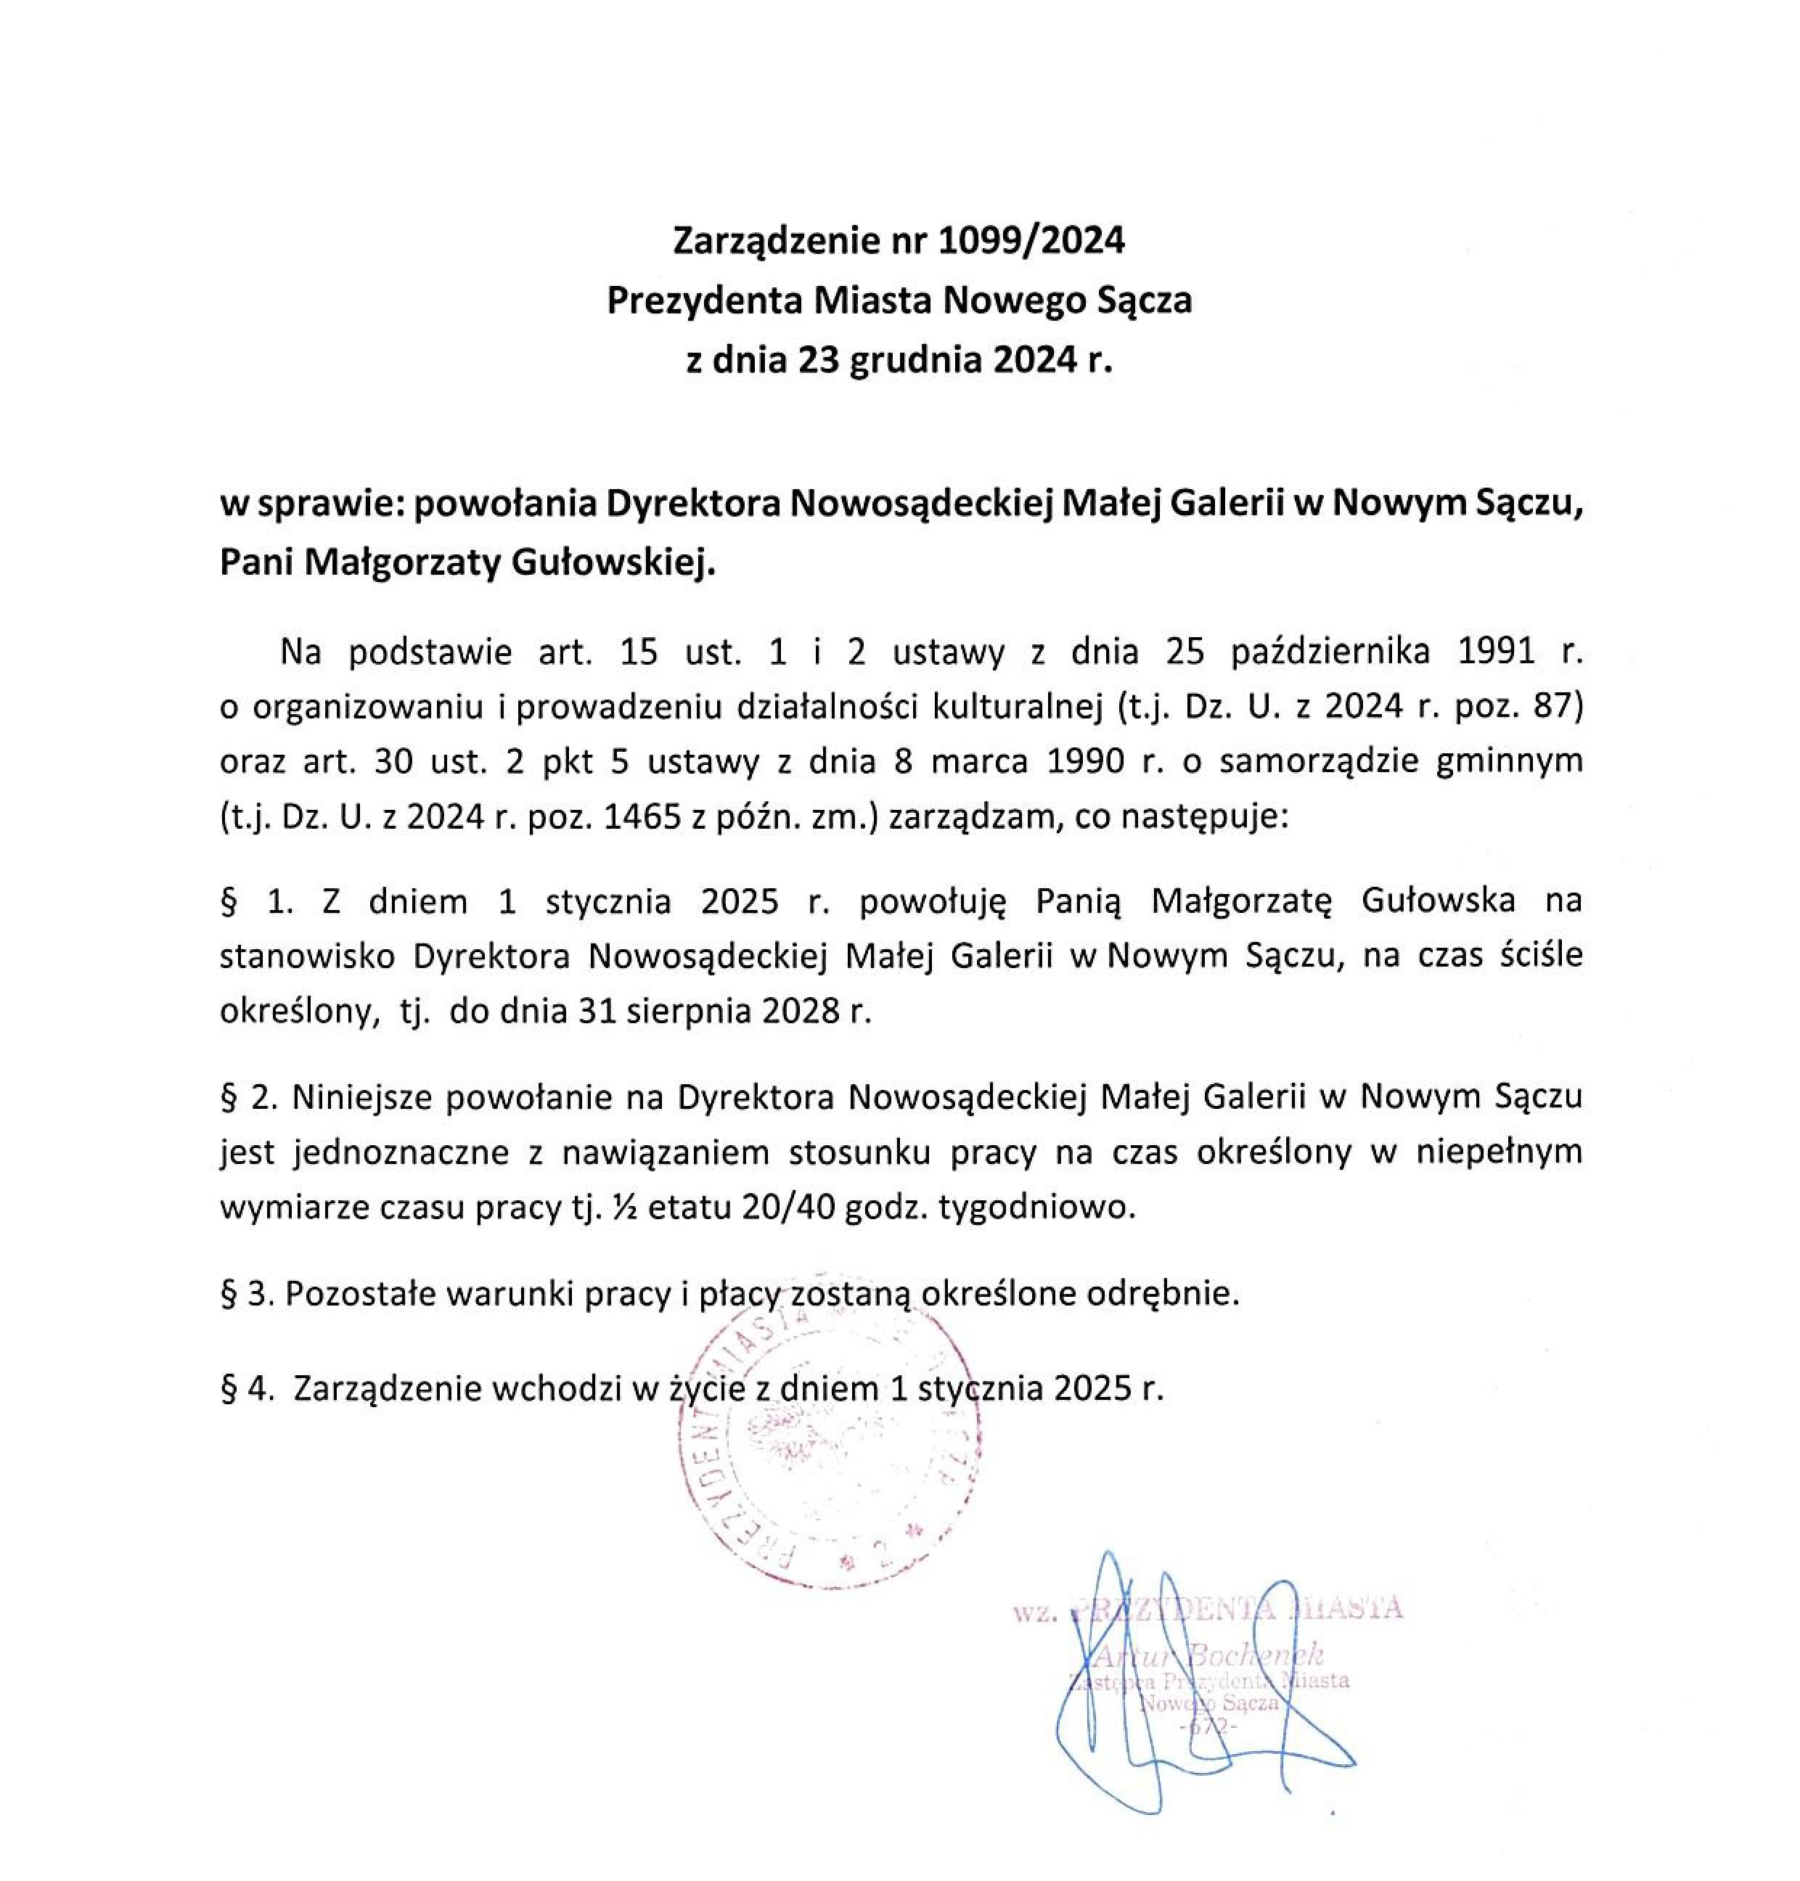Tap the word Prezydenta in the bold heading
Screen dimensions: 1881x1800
click(704, 301)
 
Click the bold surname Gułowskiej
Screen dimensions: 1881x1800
click(613, 563)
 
